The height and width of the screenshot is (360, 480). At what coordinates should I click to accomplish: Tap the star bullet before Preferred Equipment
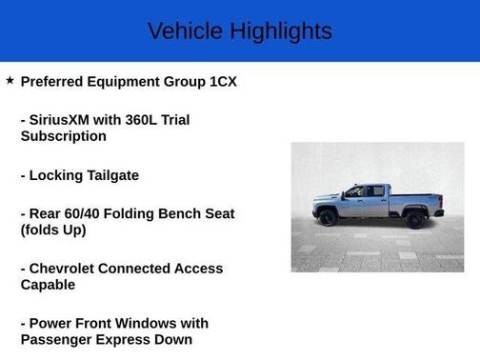tap(10, 81)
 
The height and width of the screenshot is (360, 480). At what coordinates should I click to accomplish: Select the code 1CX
tap(223, 82)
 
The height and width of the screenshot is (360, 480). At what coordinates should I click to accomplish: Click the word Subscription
tap(63, 136)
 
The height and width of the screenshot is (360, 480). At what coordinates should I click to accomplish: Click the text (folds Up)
tap(53, 230)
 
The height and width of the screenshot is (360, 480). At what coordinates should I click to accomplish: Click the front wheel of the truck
tap(329, 218)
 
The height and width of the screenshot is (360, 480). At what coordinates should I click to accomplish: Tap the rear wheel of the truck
tap(415, 219)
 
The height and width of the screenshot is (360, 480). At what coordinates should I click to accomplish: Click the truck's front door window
tap(354, 192)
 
